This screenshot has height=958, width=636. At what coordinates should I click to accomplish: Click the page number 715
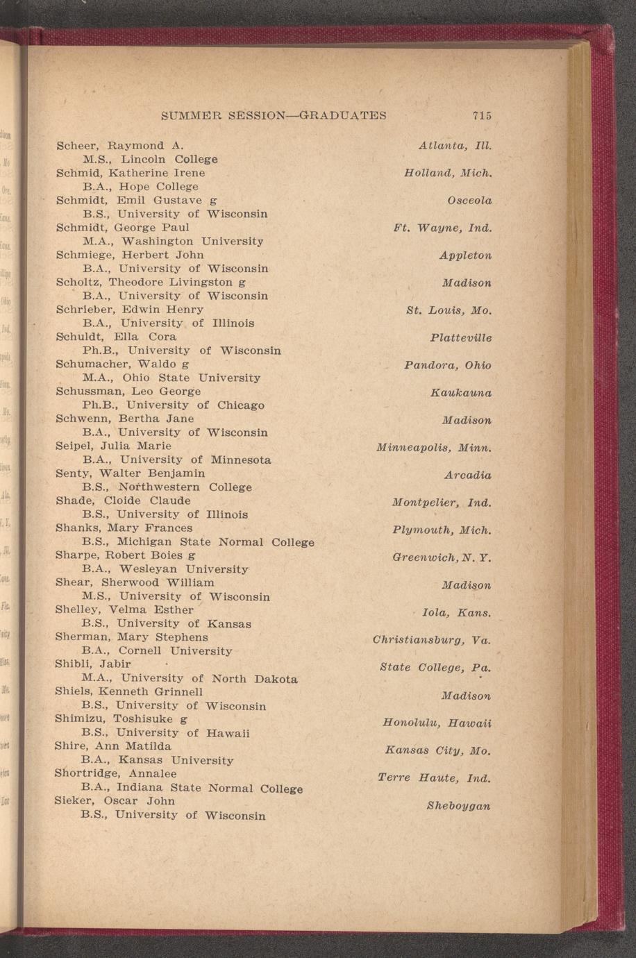[481, 116]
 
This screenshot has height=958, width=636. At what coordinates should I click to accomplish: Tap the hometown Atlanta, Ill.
[455, 146]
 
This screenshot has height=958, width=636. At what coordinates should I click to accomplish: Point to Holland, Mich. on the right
[448, 173]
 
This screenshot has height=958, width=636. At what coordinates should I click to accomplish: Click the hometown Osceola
[469, 201]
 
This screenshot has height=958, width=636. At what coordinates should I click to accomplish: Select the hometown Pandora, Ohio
[447, 365]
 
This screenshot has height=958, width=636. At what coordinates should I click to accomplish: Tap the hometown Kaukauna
[461, 393]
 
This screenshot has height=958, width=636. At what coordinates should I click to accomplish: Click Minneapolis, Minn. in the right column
[434, 448]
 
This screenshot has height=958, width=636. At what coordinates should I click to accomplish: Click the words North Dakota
[254, 679]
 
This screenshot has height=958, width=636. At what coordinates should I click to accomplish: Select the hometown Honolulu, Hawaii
[437, 723]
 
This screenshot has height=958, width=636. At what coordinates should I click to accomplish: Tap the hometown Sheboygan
[459, 806]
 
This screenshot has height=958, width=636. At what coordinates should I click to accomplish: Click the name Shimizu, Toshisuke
[115, 718]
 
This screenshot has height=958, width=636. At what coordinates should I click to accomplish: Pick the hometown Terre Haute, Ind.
[434, 778]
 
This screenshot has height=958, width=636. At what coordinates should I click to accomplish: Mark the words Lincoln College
[169, 160]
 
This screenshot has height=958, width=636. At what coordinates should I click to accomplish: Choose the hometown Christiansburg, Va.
[432, 640]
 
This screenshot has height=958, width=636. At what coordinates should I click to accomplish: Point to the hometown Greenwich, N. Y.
[442, 557]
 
